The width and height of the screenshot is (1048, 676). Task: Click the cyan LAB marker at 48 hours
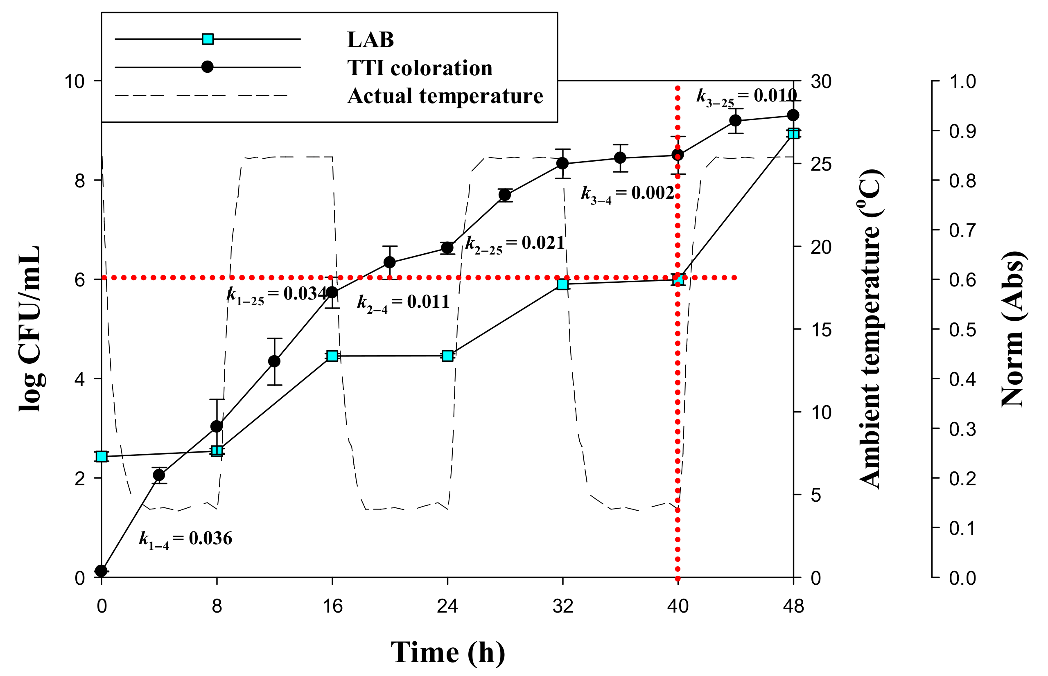click(x=793, y=133)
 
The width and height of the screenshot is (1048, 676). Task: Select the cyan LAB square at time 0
click(x=102, y=456)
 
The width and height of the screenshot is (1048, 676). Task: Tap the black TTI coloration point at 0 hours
click(x=102, y=571)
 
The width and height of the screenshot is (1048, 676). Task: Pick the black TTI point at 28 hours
click(x=505, y=195)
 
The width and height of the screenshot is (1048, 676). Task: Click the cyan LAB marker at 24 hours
click(x=447, y=356)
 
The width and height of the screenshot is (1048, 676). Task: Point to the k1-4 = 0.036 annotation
click(x=185, y=539)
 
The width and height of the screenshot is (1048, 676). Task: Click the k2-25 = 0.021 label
click(x=515, y=243)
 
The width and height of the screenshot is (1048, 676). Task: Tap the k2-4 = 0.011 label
click(x=403, y=302)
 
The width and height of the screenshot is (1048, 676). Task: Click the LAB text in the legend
click(x=370, y=40)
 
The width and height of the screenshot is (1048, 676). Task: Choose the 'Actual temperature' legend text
click(x=445, y=96)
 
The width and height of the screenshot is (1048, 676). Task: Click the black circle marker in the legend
click(x=207, y=67)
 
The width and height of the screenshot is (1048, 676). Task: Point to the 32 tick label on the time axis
click(x=562, y=606)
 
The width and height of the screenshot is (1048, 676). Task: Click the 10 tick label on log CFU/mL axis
click(x=74, y=81)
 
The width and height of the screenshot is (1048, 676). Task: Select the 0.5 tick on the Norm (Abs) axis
click(x=962, y=330)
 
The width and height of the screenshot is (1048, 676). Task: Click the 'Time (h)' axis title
click(x=447, y=652)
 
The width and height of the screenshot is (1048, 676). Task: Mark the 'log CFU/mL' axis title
click(x=30, y=329)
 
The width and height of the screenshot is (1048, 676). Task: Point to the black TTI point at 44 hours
click(x=735, y=120)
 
